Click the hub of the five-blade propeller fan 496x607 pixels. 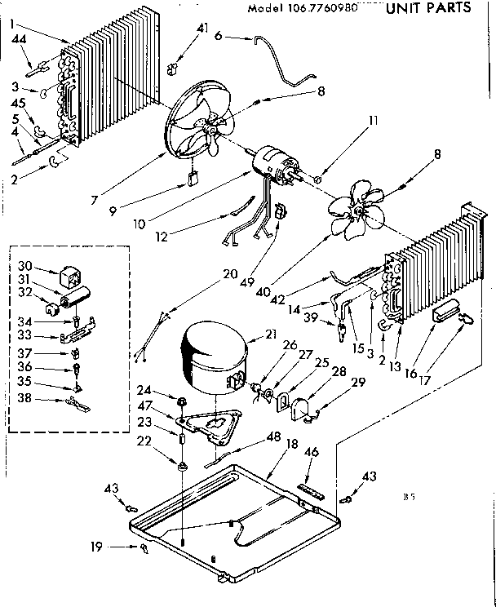[356, 212]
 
